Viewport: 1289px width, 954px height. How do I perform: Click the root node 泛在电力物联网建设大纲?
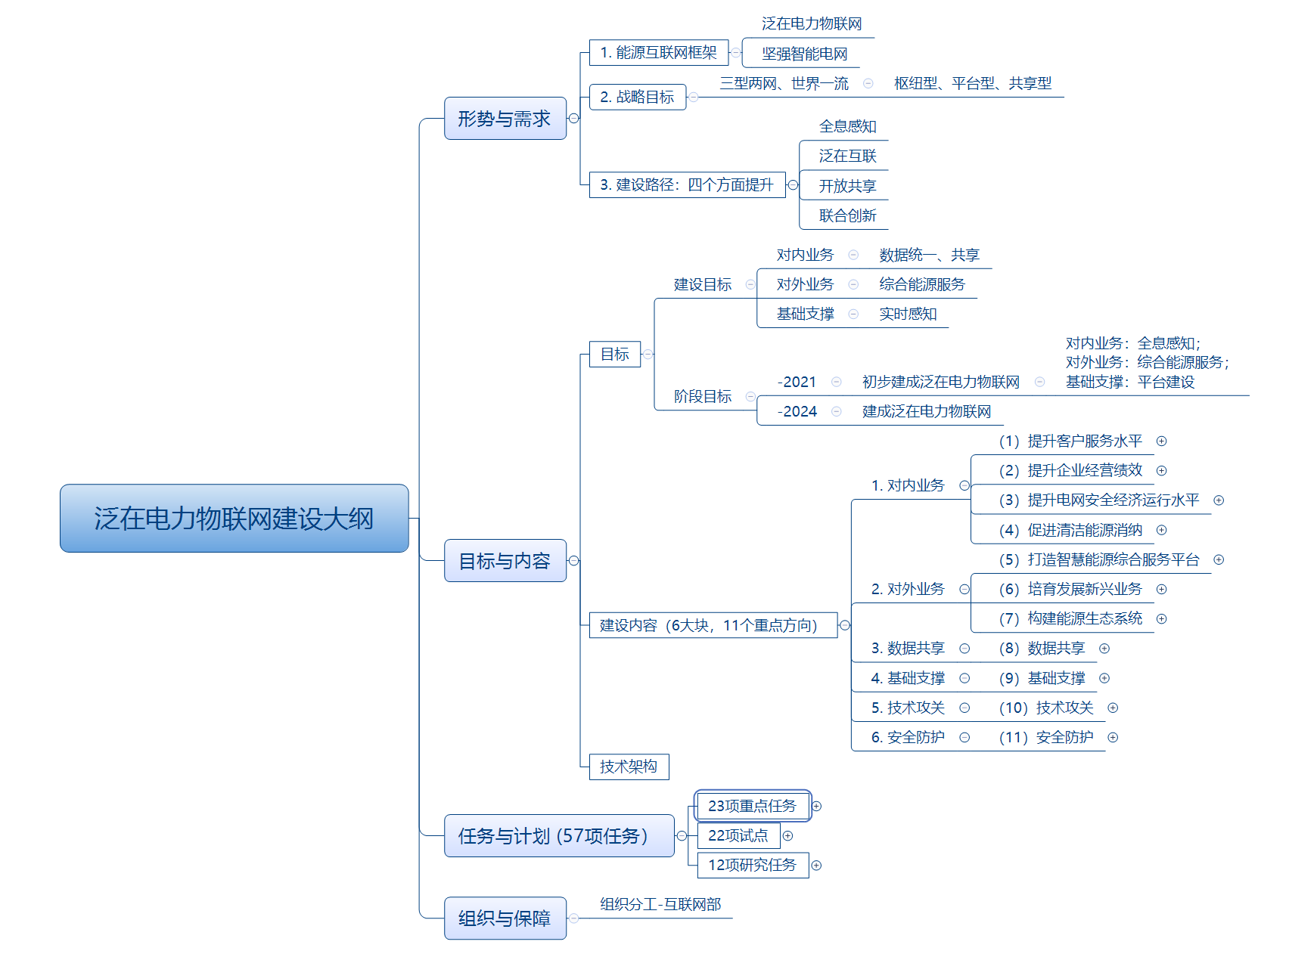[234, 519]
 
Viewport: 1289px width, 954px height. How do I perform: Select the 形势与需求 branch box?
[505, 119]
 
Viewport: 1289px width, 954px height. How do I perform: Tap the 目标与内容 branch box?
[505, 561]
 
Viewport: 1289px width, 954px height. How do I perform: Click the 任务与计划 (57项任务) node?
[558, 836]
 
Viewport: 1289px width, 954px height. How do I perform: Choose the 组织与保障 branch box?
[505, 918]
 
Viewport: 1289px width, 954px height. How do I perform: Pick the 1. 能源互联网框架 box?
[658, 53]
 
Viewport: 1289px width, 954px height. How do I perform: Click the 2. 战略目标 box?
[637, 97]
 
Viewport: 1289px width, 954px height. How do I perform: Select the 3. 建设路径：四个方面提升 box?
[686, 185]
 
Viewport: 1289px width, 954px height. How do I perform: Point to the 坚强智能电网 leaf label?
[804, 54]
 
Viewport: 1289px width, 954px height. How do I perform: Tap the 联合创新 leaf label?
[847, 215]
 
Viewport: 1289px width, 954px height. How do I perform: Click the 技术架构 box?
[628, 767]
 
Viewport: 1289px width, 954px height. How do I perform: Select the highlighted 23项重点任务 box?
[752, 806]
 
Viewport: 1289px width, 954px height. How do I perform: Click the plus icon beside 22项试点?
[787, 836]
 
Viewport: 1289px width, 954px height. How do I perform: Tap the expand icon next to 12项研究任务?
[816, 866]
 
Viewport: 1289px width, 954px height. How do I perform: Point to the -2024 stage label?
[797, 412]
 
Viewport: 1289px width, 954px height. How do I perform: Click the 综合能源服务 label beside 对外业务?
[922, 284]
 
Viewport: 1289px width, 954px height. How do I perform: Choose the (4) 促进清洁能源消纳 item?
[1070, 531]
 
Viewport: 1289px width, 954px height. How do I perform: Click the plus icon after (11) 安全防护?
[1113, 738]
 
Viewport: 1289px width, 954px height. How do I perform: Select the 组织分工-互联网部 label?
[660, 905]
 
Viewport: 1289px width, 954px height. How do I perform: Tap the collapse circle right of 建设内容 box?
[845, 625]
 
